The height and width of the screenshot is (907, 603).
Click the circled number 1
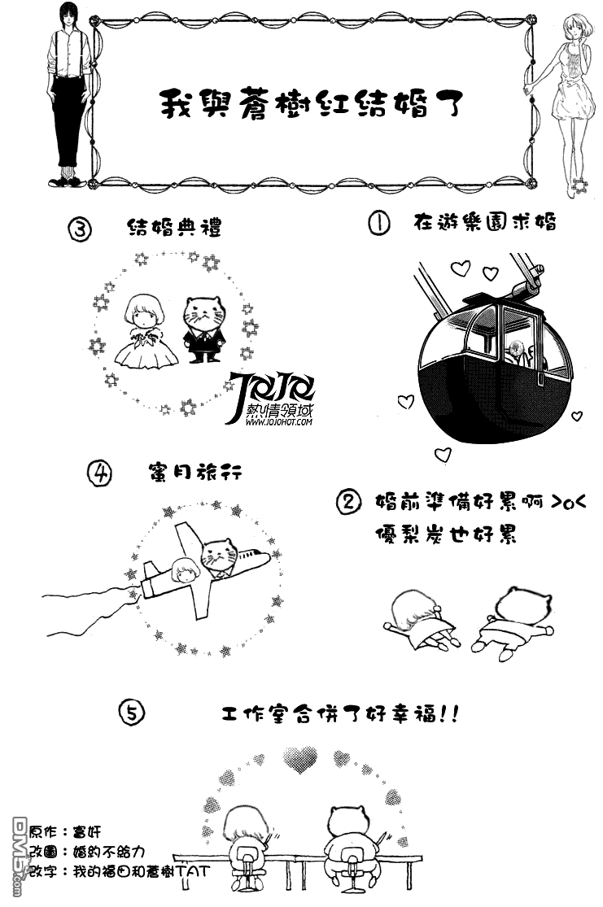point(379,223)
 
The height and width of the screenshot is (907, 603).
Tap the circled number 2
point(348,502)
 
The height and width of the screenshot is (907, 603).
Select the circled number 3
point(81,229)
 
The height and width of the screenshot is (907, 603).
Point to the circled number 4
point(99,473)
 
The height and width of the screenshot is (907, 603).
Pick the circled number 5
point(132,713)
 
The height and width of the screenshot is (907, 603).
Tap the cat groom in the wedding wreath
point(203,329)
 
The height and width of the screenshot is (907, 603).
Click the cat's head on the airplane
point(220,554)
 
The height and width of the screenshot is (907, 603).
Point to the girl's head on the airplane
point(186,569)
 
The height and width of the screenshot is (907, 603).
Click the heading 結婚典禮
point(174,227)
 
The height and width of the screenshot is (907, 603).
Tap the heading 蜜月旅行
point(195,472)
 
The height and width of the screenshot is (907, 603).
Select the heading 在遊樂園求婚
point(485,222)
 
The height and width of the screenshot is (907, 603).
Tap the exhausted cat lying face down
point(513,624)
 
